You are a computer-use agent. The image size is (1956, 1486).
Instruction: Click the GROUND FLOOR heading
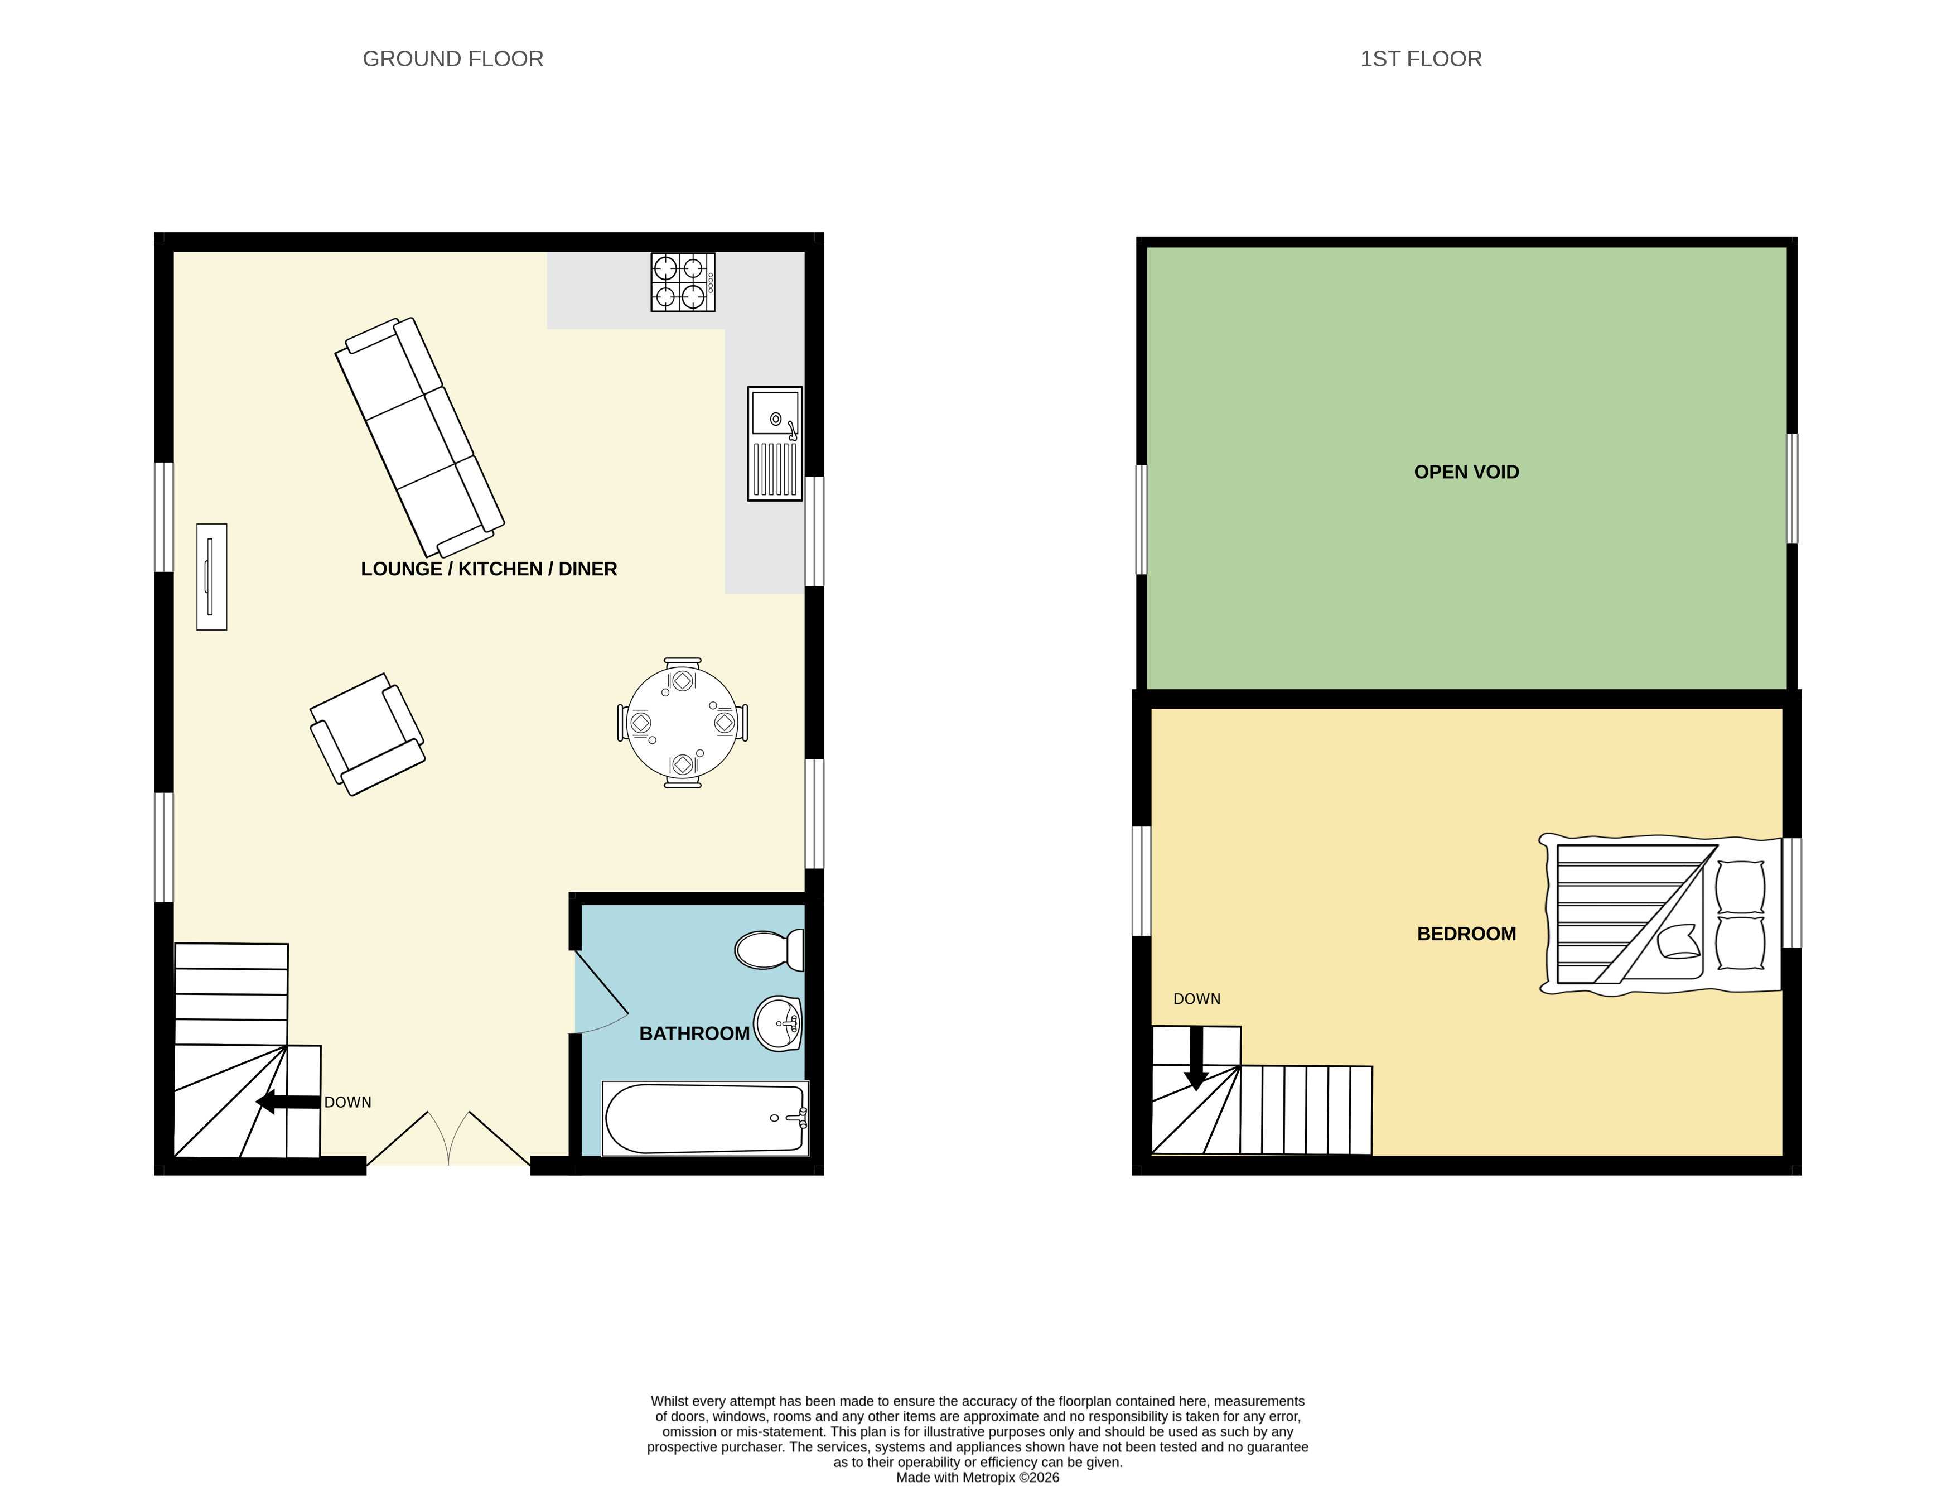453,59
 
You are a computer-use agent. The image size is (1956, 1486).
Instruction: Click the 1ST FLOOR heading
1420,59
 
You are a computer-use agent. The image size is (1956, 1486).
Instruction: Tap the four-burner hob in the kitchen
683,282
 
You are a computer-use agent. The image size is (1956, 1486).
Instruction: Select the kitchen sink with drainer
775,443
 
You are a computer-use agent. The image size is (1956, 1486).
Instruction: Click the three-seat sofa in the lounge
419,437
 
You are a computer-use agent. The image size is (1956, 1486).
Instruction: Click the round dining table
682,723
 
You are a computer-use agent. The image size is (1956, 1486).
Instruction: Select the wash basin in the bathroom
778,1023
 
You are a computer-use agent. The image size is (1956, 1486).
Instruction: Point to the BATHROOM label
694,1033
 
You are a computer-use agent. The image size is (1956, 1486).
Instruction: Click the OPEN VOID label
1466,472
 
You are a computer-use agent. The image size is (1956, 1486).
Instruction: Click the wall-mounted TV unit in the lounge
211,576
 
